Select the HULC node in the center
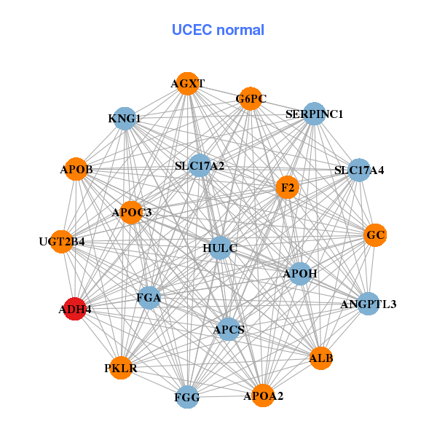tap(221, 248)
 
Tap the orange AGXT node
tap(188, 84)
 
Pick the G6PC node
tap(250, 99)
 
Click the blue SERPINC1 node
tap(314, 114)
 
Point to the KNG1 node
tap(125, 118)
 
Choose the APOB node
tap(76, 170)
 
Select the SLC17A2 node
tap(200, 166)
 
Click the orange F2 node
tap(287, 187)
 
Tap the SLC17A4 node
tap(359, 170)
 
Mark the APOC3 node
tap(132, 212)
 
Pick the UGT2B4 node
tap(62, 241)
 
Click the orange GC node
tap(375, 235)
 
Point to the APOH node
tap(300, 274)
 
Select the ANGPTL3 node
tap(369, 304)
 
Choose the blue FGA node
tap(149, 297)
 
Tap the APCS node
tap(229, 330)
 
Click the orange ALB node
tap(321, 358)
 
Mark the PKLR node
tap(120, 368)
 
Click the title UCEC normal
tap(218, 30)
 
